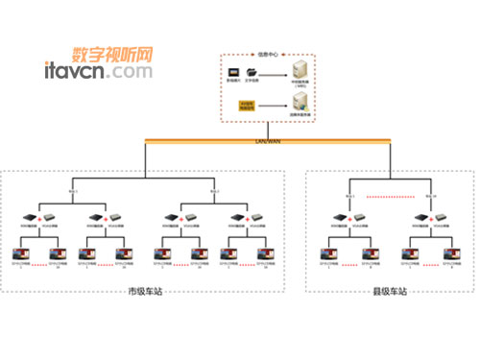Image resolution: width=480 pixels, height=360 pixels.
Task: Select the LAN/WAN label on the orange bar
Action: point(269,141)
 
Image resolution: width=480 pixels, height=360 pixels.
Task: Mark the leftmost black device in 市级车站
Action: point(30,218)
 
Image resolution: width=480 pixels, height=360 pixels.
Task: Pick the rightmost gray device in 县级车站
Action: point(443,218)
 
